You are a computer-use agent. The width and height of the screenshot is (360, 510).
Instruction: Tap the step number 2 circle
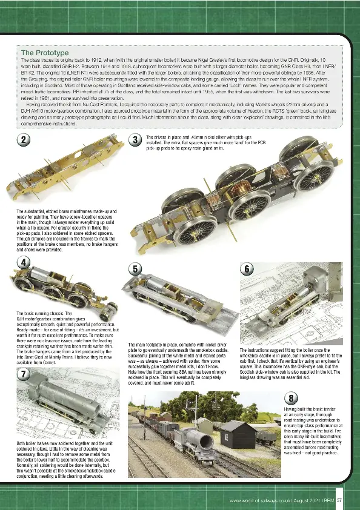click(x=24, y=140)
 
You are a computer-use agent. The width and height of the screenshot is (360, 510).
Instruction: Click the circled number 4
click(x=24, y=262)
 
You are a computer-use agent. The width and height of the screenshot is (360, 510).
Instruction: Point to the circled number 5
click(x=136, y=268)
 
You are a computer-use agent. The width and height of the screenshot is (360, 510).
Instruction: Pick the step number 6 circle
click(x=247, y=268)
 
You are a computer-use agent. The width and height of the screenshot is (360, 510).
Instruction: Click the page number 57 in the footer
click(x=340, y=500)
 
